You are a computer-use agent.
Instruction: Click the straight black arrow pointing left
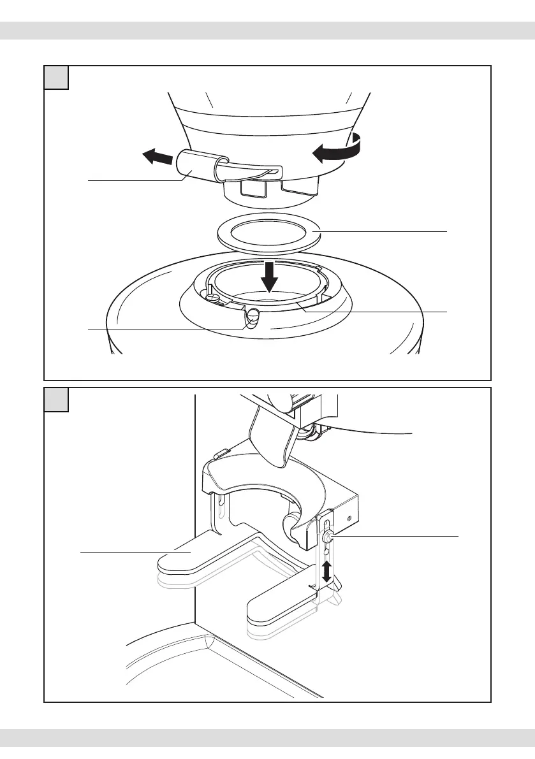[x=156, y=157]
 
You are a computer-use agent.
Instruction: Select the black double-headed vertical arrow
[x=327, y=572]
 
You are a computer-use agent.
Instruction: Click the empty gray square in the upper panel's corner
[x=56, y=77]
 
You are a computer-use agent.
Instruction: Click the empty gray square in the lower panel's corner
[x=56, y=399]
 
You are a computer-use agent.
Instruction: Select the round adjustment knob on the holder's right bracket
[x=326, y=538]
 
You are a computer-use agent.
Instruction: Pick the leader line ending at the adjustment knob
[x=395, y=537]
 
